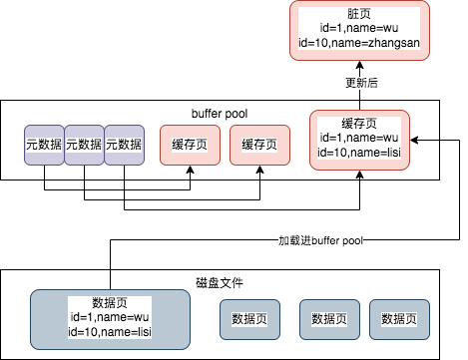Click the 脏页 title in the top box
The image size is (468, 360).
pyautogui.click(x=359, y=12)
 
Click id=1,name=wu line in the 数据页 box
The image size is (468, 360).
pyautogui.click(x=110, y=316)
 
